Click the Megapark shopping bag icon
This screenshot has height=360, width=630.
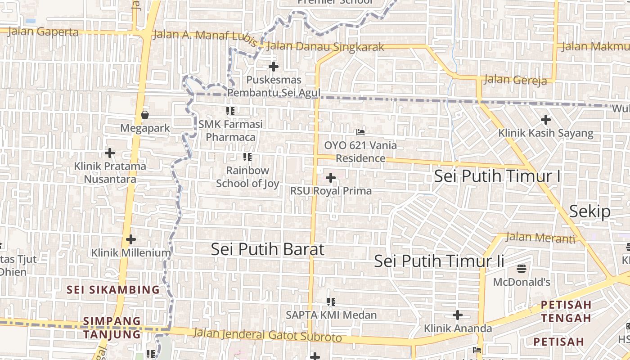click(145, 115)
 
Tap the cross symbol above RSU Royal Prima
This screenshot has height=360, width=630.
click(331, 178)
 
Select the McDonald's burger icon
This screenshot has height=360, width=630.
click(522, 269)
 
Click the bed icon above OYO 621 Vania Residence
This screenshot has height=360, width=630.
click(360, 132)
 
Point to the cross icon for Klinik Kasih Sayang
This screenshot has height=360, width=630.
click(546, 120)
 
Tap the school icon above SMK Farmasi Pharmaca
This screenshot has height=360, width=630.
click(230, 111)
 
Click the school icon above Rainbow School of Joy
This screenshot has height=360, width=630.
click(247, 157)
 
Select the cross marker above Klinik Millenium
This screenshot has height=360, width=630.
click(131, 239)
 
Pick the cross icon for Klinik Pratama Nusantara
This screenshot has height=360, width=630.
click(110, 153)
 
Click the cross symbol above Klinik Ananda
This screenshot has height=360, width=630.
click(458, 315)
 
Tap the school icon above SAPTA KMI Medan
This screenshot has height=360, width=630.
click(331, 301)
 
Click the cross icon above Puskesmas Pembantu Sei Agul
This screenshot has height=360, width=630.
click(274, 67)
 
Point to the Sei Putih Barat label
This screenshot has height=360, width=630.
click(267, 249)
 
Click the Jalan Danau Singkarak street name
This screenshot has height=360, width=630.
click(325, 47)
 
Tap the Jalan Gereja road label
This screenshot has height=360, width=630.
click(515, 80)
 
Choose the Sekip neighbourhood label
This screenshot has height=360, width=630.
click(589, 211)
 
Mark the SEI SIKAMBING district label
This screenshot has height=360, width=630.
click(113, 289)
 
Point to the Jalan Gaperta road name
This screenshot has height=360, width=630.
click(43, 32)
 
